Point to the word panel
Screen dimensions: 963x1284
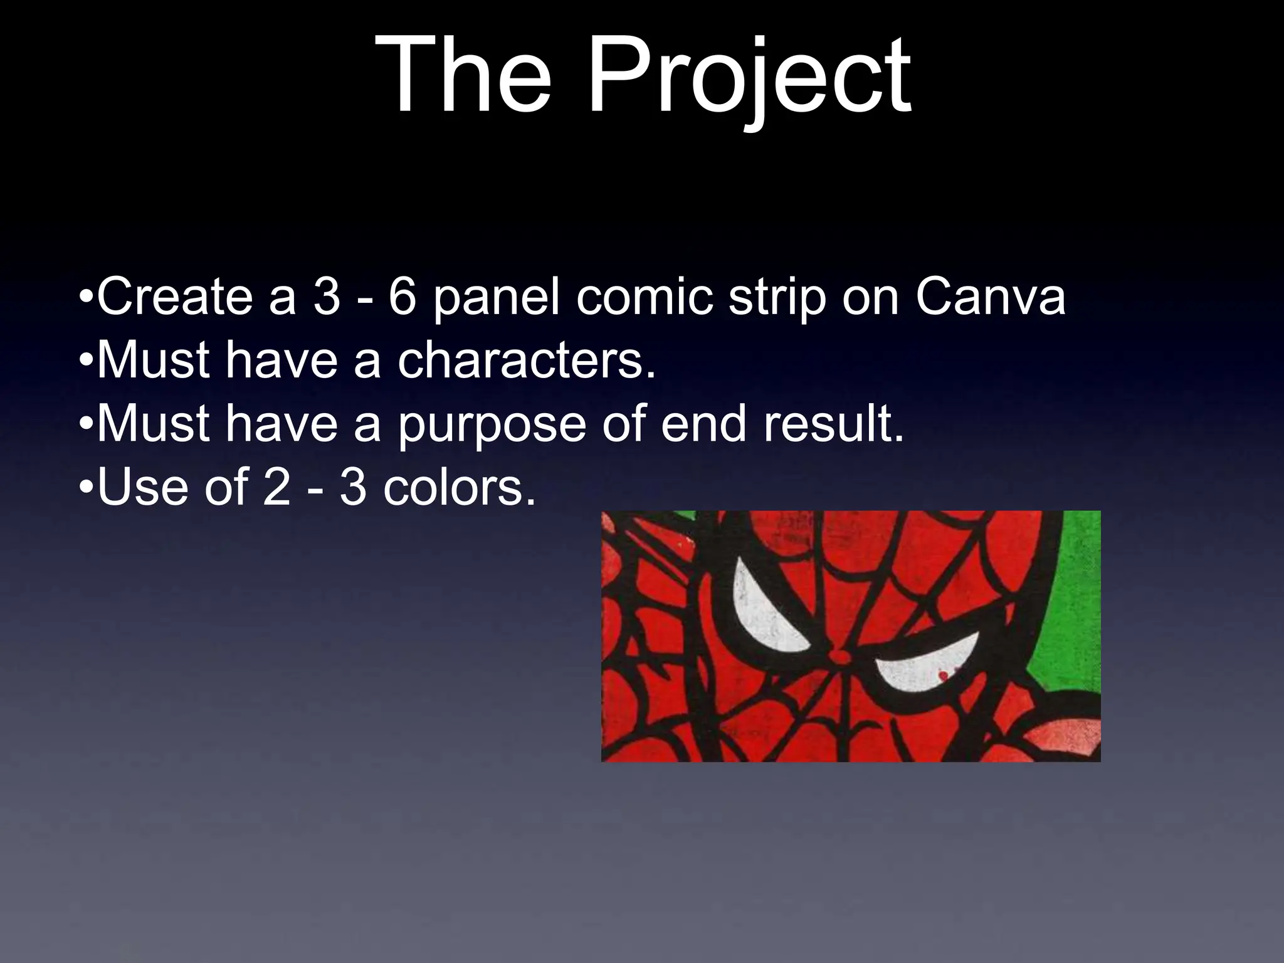point(495,298)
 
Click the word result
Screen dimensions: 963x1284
point(833,424)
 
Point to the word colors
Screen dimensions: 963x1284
point(460,488)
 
